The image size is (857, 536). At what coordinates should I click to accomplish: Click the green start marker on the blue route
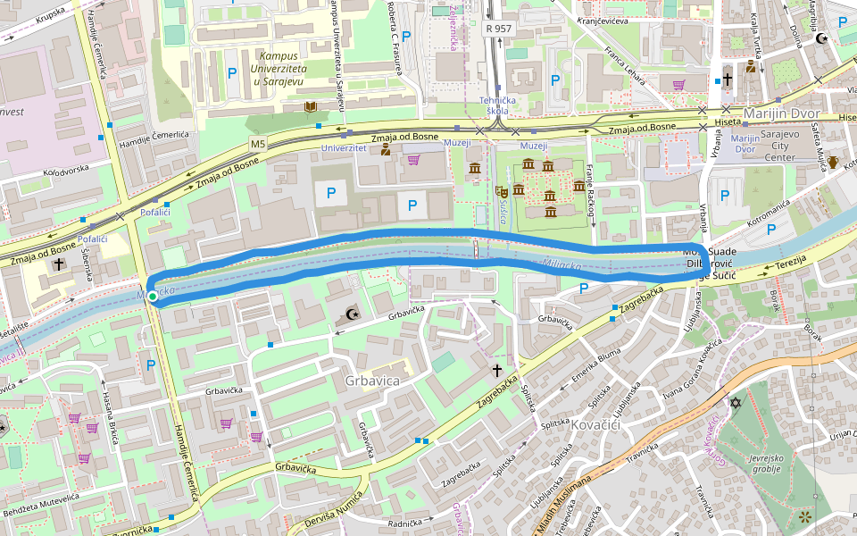(x=153, y=296)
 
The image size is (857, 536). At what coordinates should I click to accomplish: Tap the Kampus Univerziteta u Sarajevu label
(x=290, y=68)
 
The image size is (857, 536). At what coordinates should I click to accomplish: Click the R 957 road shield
(x=499, y=29)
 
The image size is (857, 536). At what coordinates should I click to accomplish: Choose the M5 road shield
(x=258, y=143)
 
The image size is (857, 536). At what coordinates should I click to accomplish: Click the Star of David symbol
(x=736, y=404)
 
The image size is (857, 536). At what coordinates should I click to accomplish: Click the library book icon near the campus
(x=311, y=107)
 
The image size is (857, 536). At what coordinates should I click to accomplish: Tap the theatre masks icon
(x=503, y=190)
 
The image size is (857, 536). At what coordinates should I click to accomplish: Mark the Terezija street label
(x=790, y=262)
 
